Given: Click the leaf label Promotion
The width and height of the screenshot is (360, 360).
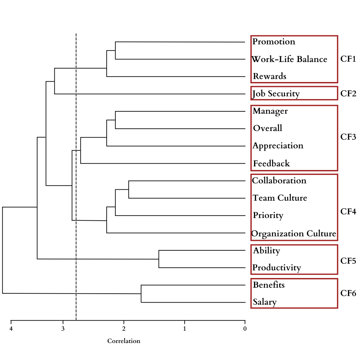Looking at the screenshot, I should coord(274,42).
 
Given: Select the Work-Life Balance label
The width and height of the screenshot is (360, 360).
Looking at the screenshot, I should coord(289,59).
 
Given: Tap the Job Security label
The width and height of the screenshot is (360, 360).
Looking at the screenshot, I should coord(276,94).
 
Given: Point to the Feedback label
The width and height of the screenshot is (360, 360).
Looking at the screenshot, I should coord(271,163).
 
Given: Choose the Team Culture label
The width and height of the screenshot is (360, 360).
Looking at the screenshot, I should coord(280,198).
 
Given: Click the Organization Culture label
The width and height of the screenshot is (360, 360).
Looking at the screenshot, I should coord(294,234).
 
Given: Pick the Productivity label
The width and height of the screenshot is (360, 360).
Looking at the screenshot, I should coord(277,268).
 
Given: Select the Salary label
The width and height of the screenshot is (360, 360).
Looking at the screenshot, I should coord(265,302).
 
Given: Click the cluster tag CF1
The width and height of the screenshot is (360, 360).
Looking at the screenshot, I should coord(348,59).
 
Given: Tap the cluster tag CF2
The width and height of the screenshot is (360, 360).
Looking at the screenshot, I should coord(348,94).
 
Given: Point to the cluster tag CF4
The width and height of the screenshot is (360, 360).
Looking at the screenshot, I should coord(348,211).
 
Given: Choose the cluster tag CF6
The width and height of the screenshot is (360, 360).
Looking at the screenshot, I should coord(348,293).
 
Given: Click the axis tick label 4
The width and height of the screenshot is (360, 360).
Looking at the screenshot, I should coord(11,329).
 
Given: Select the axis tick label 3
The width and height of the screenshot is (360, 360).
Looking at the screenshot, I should coord(63,329).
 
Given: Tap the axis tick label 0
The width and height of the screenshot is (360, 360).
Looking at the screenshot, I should coord(245,329).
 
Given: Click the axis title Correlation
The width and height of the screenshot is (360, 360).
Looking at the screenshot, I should coord(124,341).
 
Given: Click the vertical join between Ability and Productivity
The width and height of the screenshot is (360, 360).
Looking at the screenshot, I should coord(159,259).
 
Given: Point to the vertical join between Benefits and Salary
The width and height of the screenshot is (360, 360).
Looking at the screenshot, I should coord(141,294).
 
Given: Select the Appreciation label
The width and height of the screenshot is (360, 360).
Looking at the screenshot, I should coord(278,146).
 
